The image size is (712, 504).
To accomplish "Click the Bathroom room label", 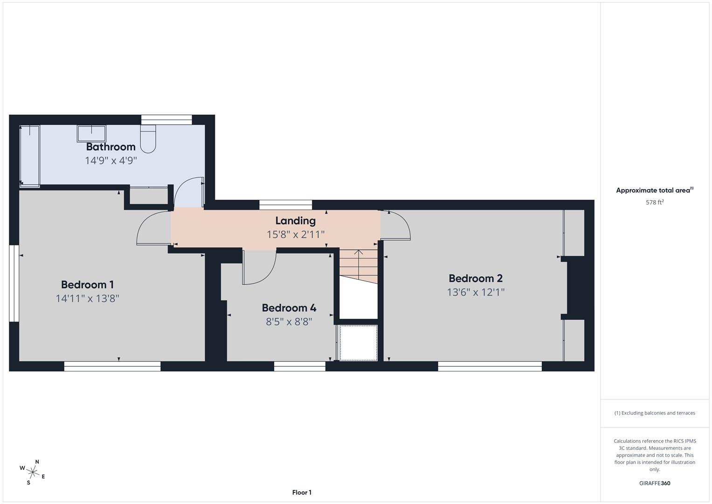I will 111,147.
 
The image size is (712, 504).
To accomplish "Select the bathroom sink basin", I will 91,133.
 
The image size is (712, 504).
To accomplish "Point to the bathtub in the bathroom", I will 29,156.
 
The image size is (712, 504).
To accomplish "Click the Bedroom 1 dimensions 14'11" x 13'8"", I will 88,299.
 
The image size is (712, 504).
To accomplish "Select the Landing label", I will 295,221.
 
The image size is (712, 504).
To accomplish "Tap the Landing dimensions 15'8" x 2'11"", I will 295,234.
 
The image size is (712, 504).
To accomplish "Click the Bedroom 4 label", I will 289,308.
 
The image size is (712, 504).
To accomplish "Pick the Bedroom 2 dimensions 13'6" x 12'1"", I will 476,292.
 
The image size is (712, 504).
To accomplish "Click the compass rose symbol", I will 33,472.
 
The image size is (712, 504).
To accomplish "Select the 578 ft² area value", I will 655,203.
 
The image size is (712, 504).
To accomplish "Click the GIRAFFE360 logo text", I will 655,483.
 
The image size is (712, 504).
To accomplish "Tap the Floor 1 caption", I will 302,492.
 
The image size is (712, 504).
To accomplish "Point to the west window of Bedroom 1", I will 14,283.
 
